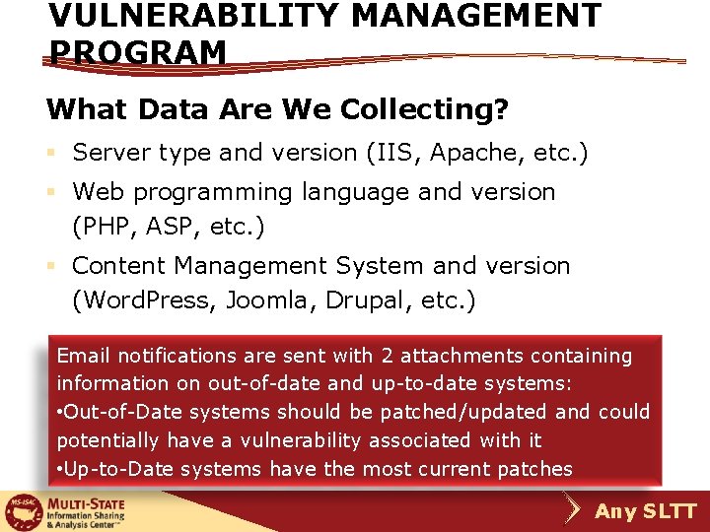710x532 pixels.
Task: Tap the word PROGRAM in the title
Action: coord(137,52)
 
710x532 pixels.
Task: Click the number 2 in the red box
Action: coord(385,356)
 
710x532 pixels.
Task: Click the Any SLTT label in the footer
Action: coord(646,511)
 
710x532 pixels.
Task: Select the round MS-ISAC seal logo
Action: coord(21,511)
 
